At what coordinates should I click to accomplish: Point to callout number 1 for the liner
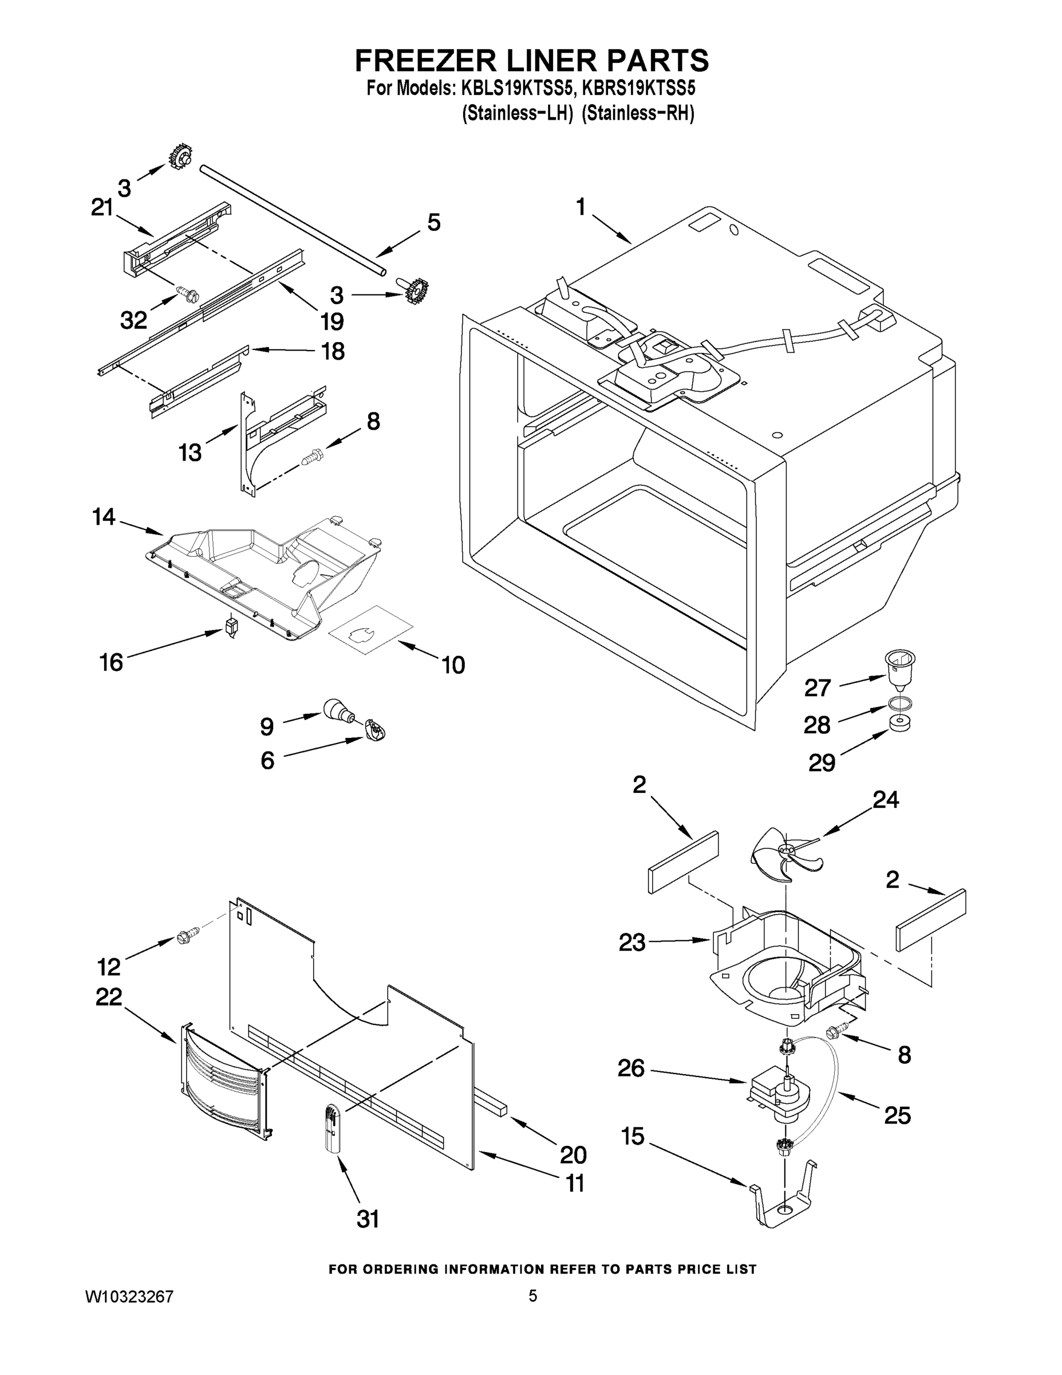click(581, 206)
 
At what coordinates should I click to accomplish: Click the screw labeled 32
click(187, 293)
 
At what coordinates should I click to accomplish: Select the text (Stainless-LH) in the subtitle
click(516, 114)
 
